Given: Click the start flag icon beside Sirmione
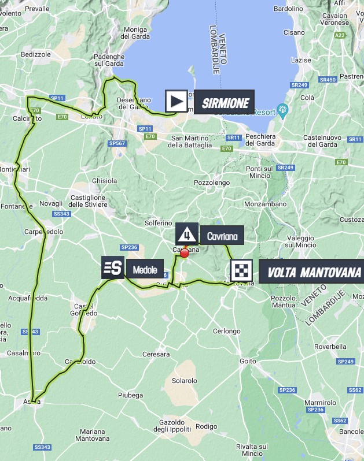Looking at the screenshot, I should [176, 101].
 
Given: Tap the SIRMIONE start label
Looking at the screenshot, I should [225, 103].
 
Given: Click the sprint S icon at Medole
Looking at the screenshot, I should [113, 267].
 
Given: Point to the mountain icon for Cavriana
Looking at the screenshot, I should [186, 235].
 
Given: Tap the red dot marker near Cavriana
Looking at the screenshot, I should [185, 252].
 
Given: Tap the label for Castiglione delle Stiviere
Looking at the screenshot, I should [87, 201].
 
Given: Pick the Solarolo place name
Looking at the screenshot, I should [185, 381].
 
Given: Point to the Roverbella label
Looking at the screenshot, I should [330, 347].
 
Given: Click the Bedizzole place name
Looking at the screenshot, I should [36, 53].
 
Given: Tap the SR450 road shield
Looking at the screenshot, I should [328, 80].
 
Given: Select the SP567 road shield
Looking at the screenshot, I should [117, 143].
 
